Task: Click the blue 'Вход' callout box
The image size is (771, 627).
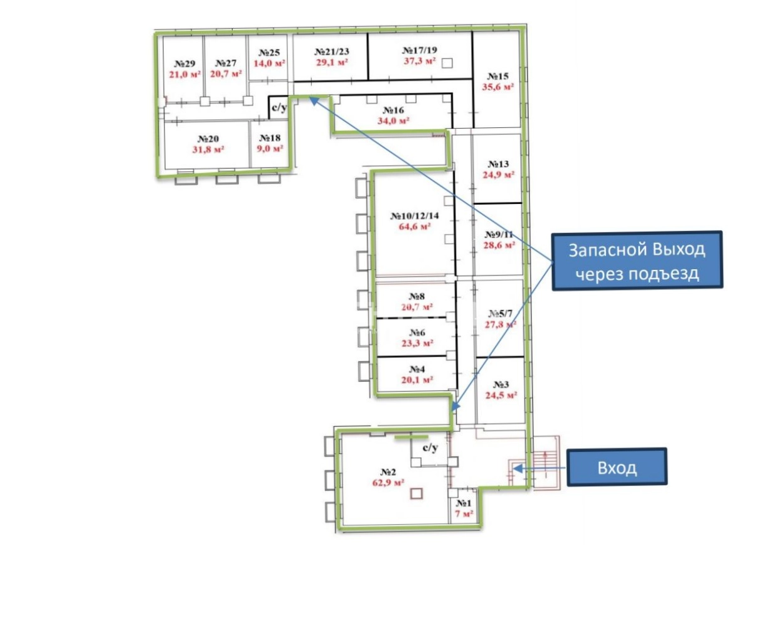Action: (x=617, y=467)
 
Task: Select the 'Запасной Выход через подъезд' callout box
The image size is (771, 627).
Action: (x=637, y=260)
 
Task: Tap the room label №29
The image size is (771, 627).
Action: (x=184, y=64)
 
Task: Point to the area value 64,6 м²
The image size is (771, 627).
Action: (x=415, y=227)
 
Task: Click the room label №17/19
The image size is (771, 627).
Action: (x=420, y=50)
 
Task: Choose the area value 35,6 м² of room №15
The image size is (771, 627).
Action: (x=497, y=87)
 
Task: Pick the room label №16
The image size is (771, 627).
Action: (x=393, y=110)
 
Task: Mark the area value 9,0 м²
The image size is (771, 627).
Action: (x=270, y=148)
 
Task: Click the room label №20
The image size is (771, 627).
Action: (x=208, y=139)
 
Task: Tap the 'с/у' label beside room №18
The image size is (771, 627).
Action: (x=279, y=107)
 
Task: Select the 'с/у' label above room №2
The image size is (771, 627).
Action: (x=430, y=447)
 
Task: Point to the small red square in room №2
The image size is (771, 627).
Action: (x=417, y=494)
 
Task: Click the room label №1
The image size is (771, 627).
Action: (x=464, y=503)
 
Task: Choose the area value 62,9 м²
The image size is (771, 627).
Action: (x=388, y=483)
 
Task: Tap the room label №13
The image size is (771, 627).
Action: (x=499, y=164)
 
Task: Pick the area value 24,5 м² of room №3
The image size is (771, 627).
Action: (x=501, y=395)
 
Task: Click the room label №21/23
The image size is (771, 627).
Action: (x=332, y=51)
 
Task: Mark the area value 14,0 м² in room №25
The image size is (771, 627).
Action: (x=269, y=63)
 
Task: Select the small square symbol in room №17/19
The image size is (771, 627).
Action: (x=447, y=63)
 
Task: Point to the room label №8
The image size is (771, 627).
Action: (x=417, y=296)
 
